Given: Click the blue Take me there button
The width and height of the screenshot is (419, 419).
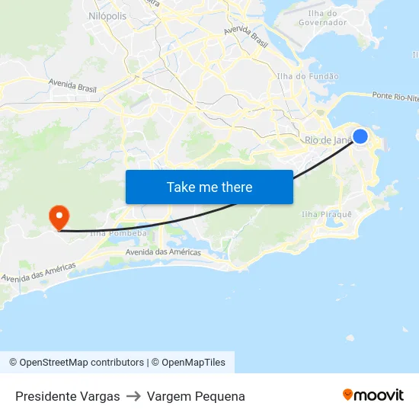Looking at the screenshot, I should (x=209, y=187).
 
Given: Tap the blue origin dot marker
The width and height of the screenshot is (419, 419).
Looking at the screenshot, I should (x=360, y=136).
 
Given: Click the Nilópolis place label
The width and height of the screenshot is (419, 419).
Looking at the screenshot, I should (x=107, y=14).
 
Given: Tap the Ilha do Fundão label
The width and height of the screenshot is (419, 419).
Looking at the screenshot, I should (x=308, y=76).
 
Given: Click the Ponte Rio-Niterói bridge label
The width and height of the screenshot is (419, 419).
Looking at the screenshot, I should (x=395, y=97).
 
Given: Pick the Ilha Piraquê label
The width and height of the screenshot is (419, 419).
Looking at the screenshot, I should (x=327, y=215).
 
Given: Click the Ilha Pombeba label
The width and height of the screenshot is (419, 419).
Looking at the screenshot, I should (x=118, y=233).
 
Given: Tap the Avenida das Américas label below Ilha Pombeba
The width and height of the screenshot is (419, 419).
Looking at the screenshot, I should (x=162, y=252).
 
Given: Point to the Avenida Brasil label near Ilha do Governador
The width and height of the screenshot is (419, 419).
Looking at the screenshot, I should (x=245, y=37).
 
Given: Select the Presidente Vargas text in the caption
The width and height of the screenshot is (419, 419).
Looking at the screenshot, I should (x=68, y=396).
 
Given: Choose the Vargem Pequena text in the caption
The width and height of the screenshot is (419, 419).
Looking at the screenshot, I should (x=196, y=396).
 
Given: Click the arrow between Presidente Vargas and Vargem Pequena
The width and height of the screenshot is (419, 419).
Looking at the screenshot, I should (x=133, y=396).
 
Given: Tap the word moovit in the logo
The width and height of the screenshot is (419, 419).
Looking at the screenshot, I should (x=379, y=395).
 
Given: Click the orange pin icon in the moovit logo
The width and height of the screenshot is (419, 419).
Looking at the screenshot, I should (x=348, y=395).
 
